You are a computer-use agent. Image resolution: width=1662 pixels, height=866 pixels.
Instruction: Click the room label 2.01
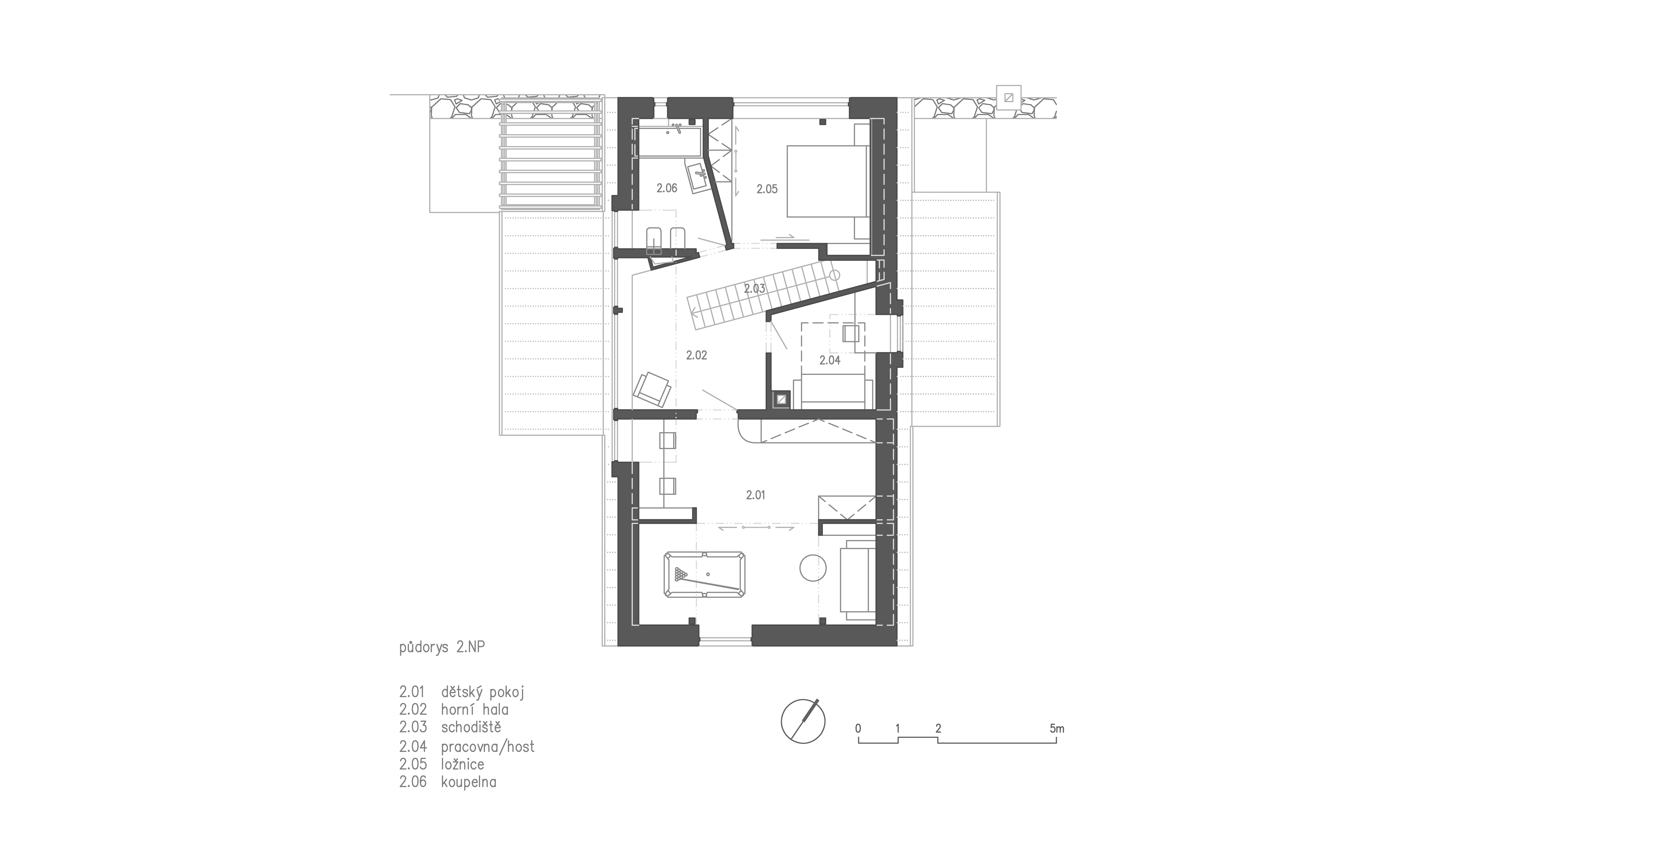(756, 495)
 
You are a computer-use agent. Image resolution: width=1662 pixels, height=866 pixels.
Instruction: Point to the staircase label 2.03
(754, 288)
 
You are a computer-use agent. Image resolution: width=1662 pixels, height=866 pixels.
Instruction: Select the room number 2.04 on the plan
(830, 360)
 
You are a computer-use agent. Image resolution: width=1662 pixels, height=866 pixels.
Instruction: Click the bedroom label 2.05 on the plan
(767, 189)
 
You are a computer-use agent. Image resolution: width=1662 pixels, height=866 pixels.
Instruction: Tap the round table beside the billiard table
(813, 569)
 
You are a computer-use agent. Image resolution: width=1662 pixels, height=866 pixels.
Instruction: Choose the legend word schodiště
(471, 727)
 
